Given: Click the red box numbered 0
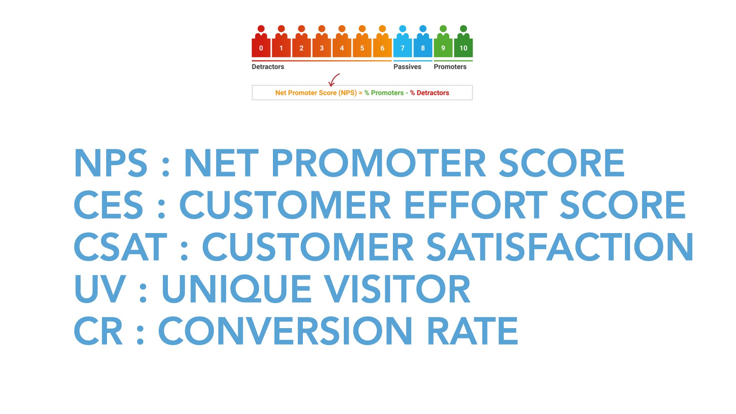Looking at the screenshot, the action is [261, 48].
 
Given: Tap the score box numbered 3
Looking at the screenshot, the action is [322, 48].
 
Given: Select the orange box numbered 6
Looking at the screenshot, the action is [382, 48].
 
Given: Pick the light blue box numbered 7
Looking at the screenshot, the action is [402, 48].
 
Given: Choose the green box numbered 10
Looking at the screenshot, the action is [463, 48].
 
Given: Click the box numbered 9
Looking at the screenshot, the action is [443, 48].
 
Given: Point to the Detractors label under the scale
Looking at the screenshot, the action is [268, 67].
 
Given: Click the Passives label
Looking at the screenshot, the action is [407, 67].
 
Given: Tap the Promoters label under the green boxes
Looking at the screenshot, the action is [450, 67].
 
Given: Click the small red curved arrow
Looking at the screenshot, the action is [333, 80].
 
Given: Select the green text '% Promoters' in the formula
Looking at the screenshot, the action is [384, 93].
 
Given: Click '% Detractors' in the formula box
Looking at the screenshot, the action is [429, 93].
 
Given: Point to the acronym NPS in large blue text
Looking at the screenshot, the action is [111, 163].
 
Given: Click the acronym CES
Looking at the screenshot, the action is [108, 205].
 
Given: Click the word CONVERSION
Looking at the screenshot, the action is [285, 330].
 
